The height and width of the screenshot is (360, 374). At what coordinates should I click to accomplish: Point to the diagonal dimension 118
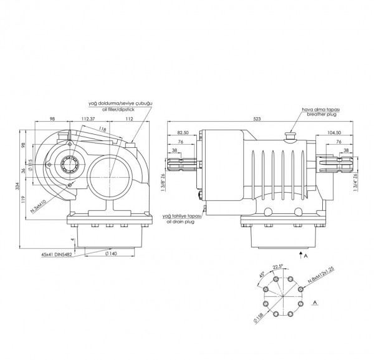coord(102,129)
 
